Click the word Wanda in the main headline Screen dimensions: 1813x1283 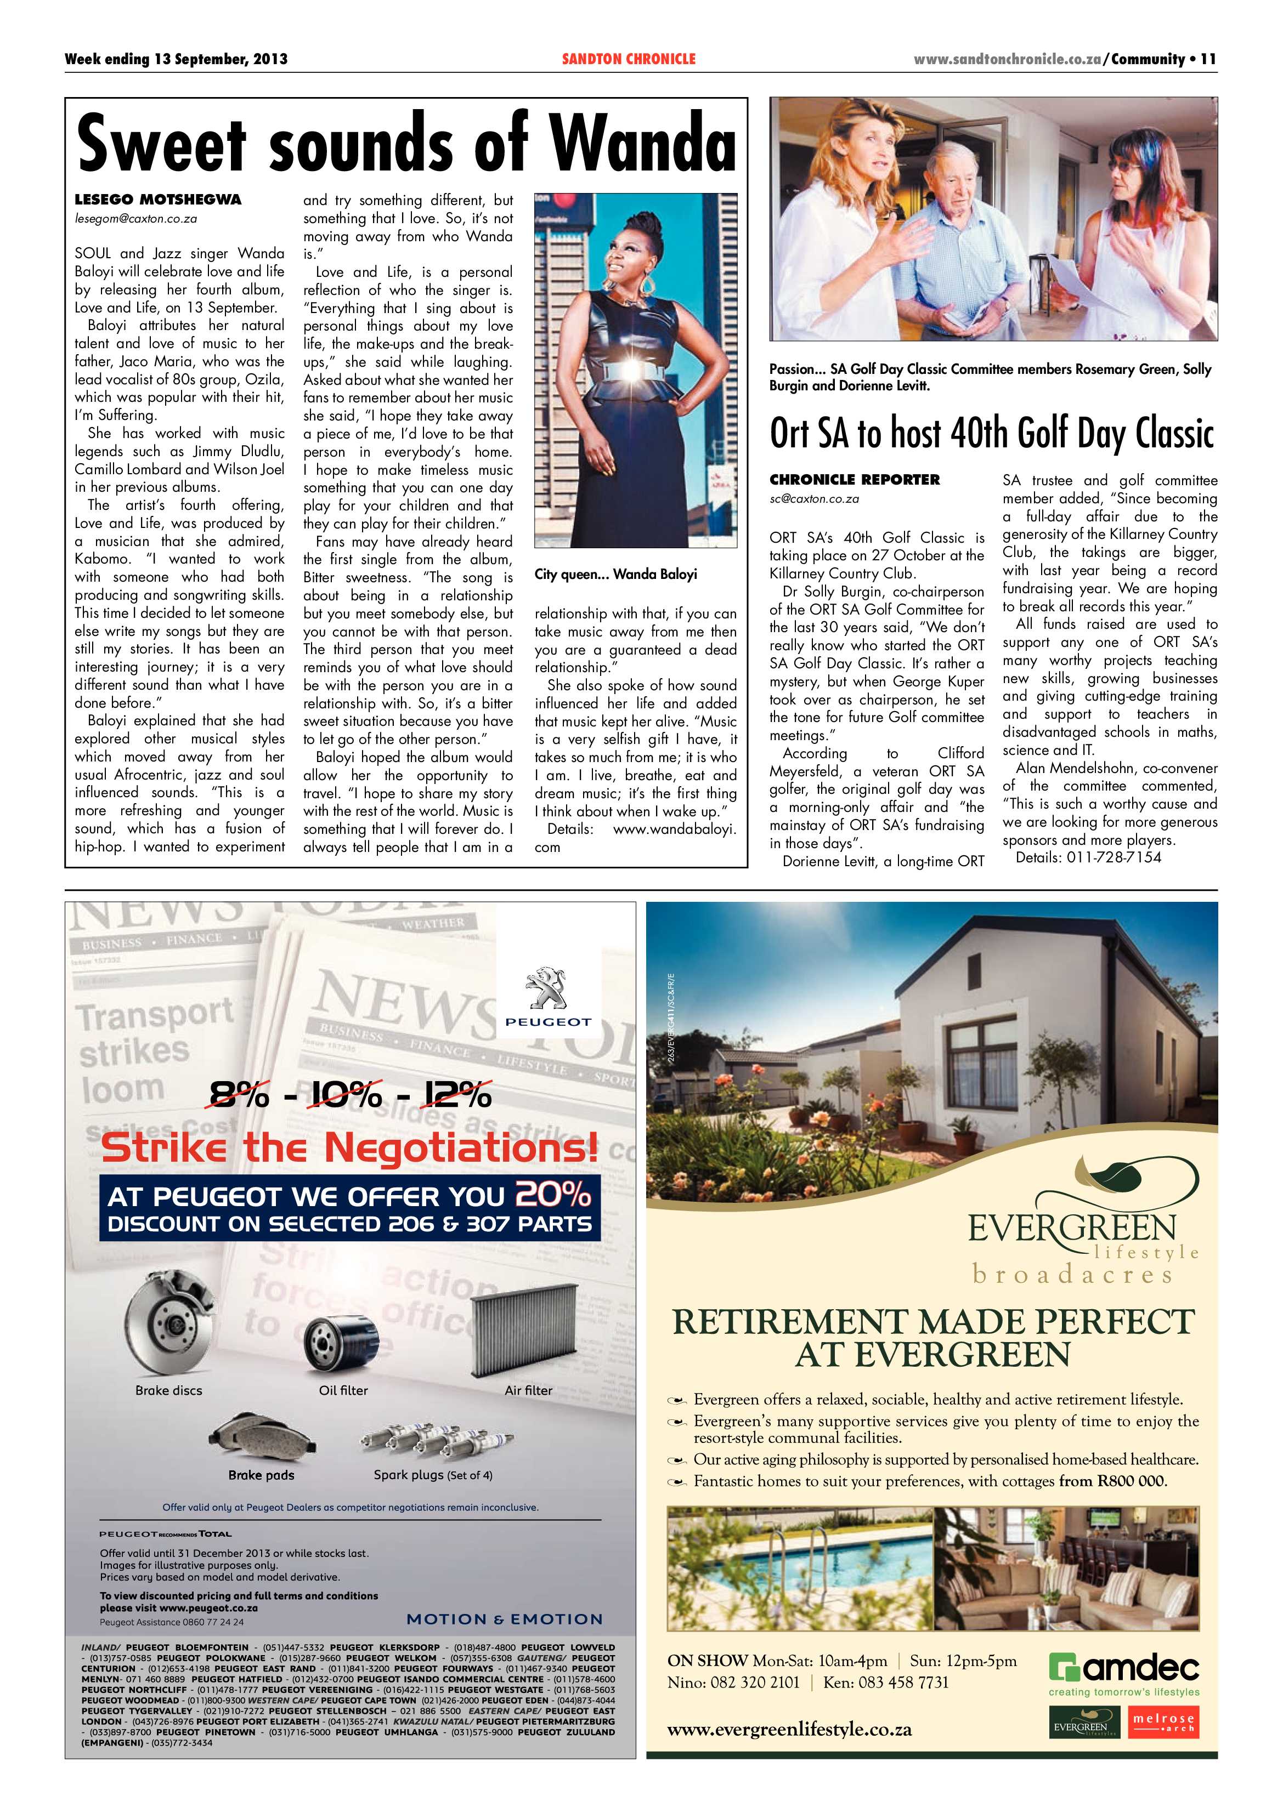pyautogui.click(x=642, y=143)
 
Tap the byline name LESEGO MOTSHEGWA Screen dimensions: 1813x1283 pyautogui.click(x=158, y=200)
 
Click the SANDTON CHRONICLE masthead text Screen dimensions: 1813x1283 pyautogui.click(x=629, y=59)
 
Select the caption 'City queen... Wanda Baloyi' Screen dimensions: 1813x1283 pyautogui.click(x=615, y=574)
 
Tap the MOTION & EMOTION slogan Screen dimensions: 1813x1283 pyautogui.click(x=504, y=1619)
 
